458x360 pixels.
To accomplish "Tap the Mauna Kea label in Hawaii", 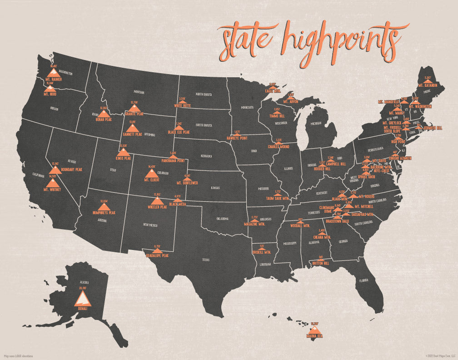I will (x=314, y=337).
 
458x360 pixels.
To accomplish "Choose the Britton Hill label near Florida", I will (x=320, y=263).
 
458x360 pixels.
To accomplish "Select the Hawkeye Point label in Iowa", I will (x=238, y=138).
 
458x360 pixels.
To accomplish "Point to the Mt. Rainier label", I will (x=54, y=79).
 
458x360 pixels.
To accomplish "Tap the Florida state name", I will (x=364, y=280).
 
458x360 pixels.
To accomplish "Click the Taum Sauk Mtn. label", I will (x=277, y=198).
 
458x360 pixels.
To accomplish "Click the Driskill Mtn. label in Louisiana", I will (x=262, y=252).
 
